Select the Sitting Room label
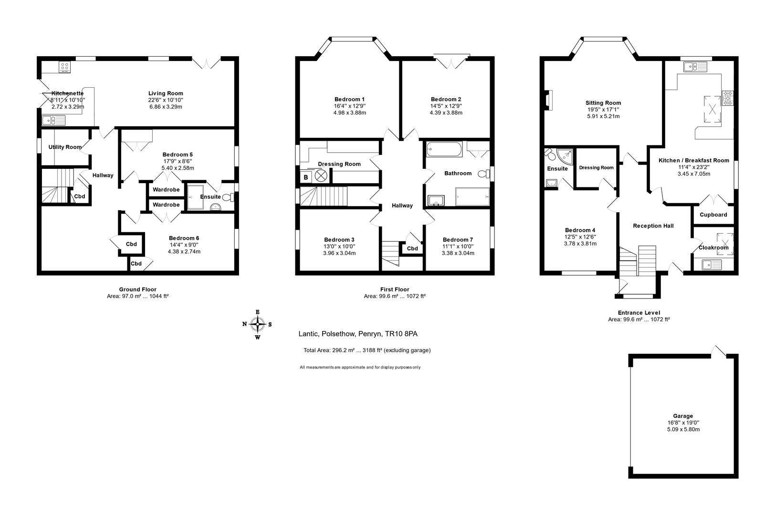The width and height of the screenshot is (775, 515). (603, 103)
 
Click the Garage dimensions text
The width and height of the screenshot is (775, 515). (683, 426)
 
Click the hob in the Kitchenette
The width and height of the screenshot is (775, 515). (65, 67)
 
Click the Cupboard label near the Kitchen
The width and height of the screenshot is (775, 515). (713, 215)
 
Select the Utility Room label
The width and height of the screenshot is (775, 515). (65, 147)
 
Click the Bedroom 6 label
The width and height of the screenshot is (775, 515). (184, 238)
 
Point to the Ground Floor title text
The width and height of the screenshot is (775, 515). (137, 289)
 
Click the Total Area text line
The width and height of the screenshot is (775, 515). (367, 350)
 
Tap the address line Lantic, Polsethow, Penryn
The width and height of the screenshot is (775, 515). (358, 334)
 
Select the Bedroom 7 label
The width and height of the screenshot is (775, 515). (458, 239)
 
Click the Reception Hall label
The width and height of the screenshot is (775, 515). (653, 226)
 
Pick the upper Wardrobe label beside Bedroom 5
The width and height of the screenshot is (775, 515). (166, 190)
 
